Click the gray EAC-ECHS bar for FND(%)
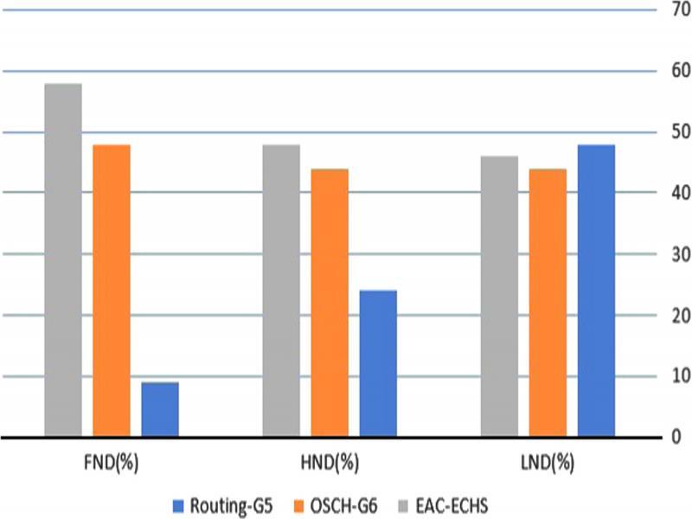(63, 259)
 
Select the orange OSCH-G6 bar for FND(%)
(112, 291)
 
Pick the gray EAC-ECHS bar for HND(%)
(281, 291)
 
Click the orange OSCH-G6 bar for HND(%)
(330, 303)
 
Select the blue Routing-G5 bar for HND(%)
(378, 363)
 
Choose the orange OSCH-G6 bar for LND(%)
(548, 303)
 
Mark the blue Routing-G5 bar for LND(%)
(596, 291)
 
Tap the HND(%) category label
(330, 462)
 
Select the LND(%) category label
(548, 462)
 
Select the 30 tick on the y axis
(671, 254)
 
